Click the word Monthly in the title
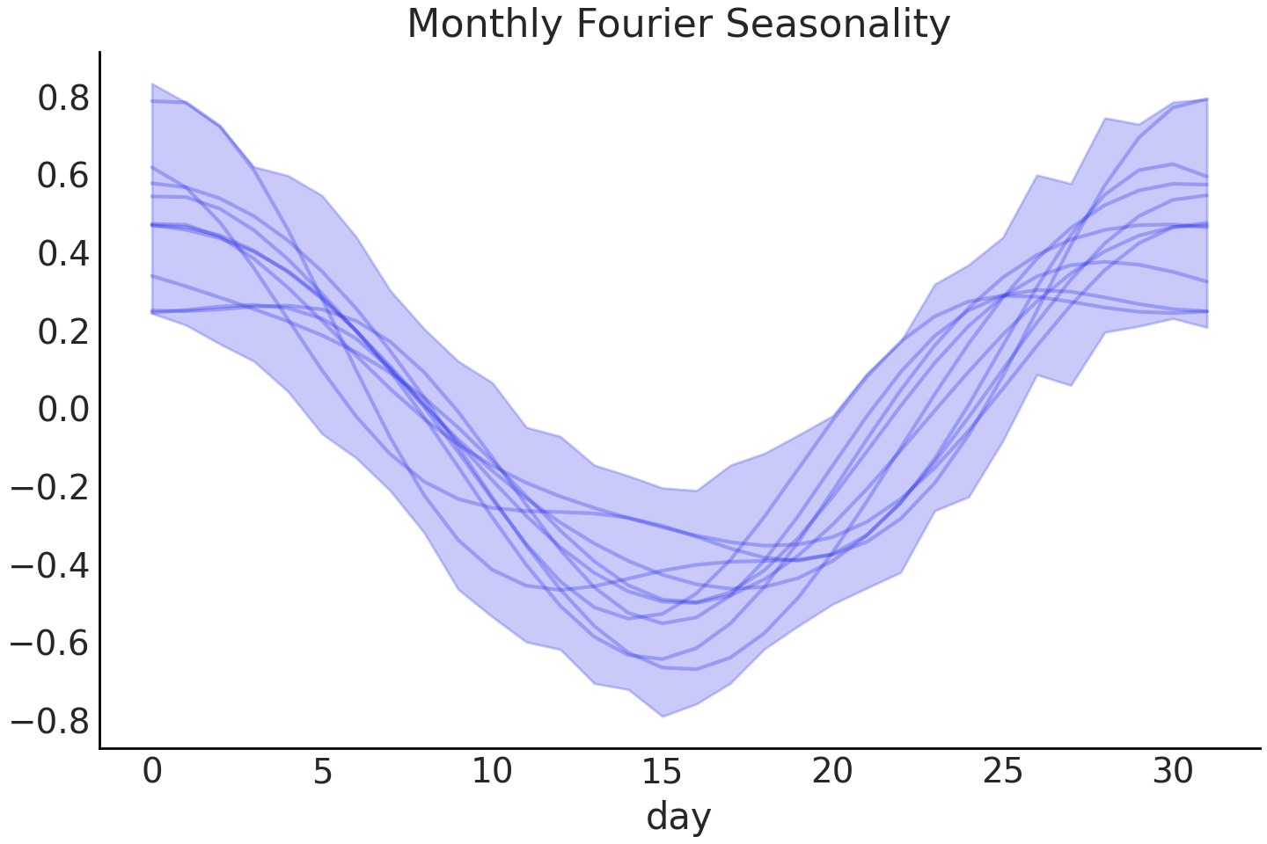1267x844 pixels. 486,25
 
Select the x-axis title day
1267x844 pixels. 678,817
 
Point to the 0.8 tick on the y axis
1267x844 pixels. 63,98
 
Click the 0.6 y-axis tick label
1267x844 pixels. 63,177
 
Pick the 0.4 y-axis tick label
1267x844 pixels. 63,254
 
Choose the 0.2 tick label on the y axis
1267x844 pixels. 63,332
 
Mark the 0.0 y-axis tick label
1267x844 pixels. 63,410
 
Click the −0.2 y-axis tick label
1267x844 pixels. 50,488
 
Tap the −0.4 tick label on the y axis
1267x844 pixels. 50,565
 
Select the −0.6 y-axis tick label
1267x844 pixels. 50,644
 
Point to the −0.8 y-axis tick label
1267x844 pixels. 50,721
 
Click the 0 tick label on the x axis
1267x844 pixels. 152,772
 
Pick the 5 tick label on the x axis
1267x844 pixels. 322,772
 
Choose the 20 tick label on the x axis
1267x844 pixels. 832,772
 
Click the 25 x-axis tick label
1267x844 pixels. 1002,772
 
